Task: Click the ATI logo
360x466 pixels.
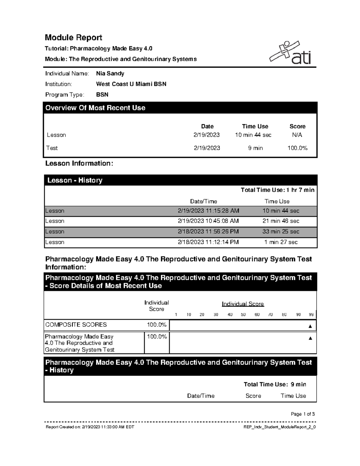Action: tap(290, 53)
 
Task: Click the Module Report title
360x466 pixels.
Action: tap(73, 38)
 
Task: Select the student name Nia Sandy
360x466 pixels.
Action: tap(110, 74)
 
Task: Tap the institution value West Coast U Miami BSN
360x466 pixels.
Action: tap(131, 84)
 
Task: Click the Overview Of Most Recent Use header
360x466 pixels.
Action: tap(95, 108)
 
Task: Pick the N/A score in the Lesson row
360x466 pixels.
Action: tap(297, 135)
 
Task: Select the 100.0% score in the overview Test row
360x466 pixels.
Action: tap(297, 148)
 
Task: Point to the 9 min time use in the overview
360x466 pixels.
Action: tap(255, 148)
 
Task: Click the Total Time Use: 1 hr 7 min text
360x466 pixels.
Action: tap(277, 190)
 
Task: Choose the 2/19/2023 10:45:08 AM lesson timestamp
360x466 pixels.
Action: tap(208, 221)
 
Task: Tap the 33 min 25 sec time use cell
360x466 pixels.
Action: tap(281, 232)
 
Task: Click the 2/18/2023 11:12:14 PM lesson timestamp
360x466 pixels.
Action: tap(208, 242)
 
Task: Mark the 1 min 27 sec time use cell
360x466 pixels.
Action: tap(281, 242)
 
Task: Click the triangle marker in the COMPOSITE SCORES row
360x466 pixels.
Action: tap(310, 326)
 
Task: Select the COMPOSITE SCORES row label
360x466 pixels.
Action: tap(76, 325)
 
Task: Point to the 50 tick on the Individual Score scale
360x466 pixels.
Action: tap(243, 314)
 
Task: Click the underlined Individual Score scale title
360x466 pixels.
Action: tap(243, 304)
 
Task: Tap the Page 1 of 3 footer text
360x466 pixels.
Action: tap(303, 414)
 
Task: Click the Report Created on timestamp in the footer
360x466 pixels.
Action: tap(90, 427)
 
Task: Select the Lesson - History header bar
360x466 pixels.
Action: tap(75, 180)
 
